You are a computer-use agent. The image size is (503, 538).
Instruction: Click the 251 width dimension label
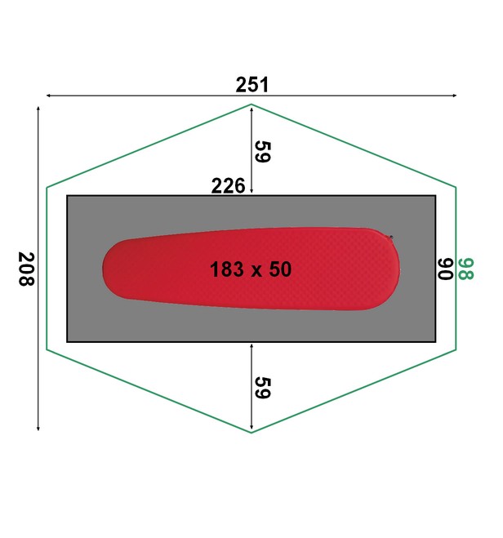pos(251,85)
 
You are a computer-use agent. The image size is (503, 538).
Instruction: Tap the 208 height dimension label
pos(26,269)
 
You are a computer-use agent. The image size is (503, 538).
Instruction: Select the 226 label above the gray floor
pos(228,186)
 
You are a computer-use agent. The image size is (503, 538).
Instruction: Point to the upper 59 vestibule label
pos(263,152)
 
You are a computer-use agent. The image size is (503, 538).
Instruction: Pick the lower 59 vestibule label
pos(263,388)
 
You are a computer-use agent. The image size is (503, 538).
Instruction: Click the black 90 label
pos(445,269)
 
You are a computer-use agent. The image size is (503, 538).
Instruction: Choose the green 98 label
pos(465,269)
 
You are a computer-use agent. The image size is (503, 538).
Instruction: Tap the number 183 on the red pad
pos(227,269)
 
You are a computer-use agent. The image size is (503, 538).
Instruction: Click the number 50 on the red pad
pos(280,269)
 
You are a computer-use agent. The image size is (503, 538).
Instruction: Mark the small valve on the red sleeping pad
pos(390,238)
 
